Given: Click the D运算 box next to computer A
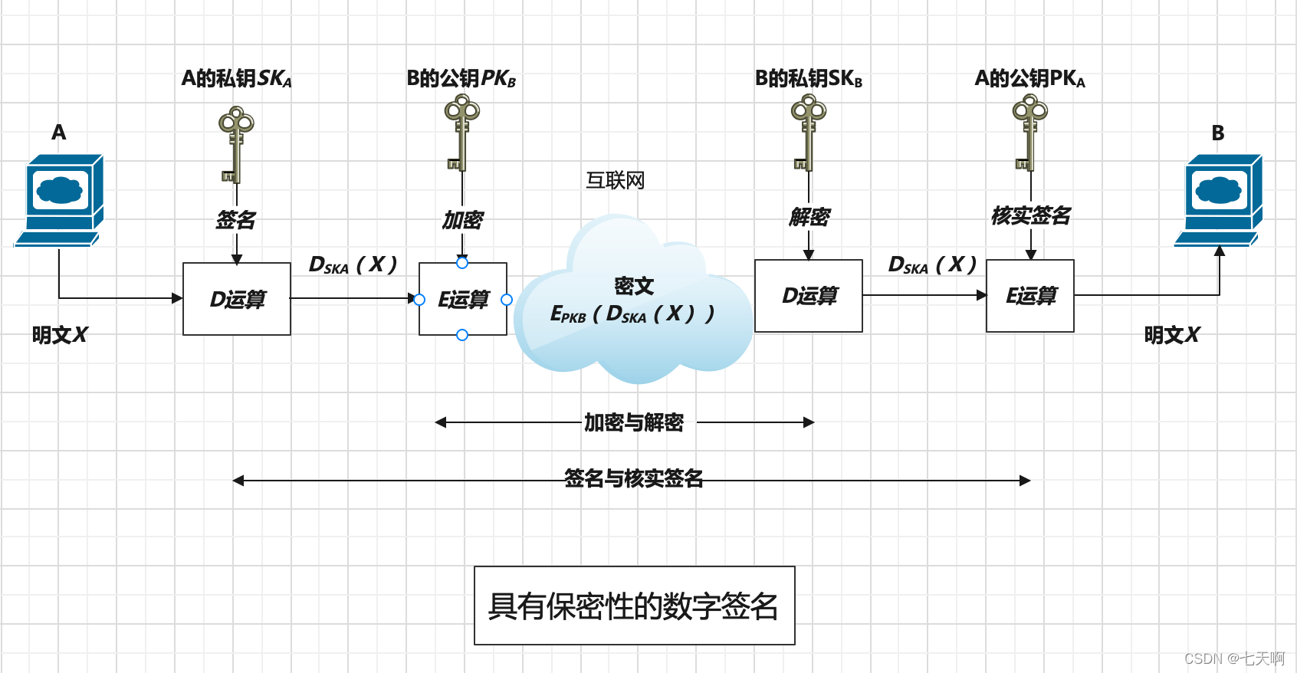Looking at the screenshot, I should pyautogui.click(x=236, y=299).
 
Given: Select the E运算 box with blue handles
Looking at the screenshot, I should pyautogui.click(x=462, y=299).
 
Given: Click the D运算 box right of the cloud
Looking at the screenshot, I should pyautogui.click(x=808, y=296).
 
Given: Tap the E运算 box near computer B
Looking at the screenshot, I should pyautogui.click(x=1029, y=296).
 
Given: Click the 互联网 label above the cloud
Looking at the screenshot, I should pyautogui.click(x=615, y=180).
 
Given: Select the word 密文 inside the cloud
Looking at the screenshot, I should pyautogui.click(x=633, y=286).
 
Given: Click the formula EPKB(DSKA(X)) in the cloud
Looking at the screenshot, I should pyautogui.click(x=632, y=314).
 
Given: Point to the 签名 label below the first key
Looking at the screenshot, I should pyautogui.click(x=235, y=220).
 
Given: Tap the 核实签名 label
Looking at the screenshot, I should pyautogui.click(x=1030, y=216).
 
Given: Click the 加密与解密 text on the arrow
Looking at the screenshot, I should pyautogui.click(x=633, y=422).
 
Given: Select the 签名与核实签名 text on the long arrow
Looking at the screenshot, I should pyautogui.click(x=633, y=479).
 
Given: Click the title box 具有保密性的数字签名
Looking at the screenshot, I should pyautogui.click(x=634, y=606).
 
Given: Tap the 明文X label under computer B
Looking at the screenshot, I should pyautogui.click(x=1171, y=335).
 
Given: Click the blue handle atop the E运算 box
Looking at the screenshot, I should pyautogui.click(x=461, y=263).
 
